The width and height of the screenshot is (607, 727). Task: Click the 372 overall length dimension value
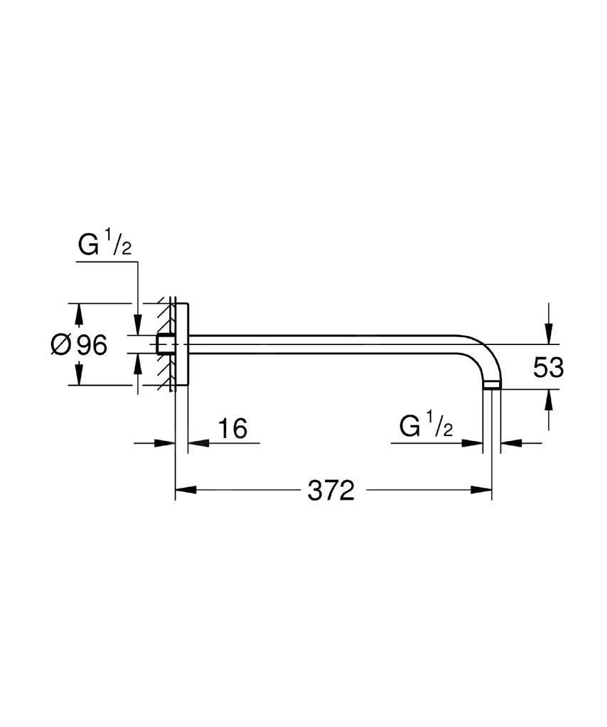point(331,490)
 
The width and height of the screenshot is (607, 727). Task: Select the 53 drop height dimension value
point(548,368)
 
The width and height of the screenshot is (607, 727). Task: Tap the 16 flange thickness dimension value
point(232,428)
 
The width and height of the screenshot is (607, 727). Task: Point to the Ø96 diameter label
point(79,345)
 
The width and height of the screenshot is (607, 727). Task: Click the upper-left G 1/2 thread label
point(105,244)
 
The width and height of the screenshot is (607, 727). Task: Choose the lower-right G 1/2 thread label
point(426,427)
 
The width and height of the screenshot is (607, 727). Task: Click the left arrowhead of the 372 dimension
point(186,490)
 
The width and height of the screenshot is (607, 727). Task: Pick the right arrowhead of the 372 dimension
point(481,490)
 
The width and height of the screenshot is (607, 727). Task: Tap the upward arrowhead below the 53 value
point(549,400)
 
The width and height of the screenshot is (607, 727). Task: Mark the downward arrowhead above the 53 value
point(549,334)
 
